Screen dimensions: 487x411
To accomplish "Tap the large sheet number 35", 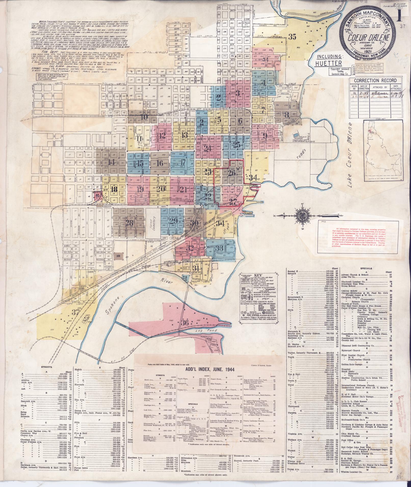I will pyautogui.click(x=293, y=37).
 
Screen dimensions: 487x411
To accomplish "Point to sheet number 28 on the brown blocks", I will pyautogui.click(x=129, y=223).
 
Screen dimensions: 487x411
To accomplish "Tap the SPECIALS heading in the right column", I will pyautogui.click(x=366, y=268).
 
